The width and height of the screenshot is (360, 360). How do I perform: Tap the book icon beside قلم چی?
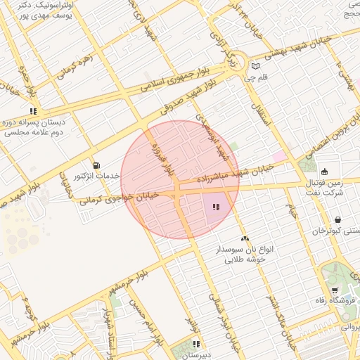pyautogui.click(x=255, y=67)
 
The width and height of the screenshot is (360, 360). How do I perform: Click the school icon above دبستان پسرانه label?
pyautogui.click(x=33, y=111)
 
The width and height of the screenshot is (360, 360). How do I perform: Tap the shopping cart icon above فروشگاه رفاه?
pyautogui.click(x=334, y=291)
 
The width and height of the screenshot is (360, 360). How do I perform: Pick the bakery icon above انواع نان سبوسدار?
pyautogui.click(x=245, y=239)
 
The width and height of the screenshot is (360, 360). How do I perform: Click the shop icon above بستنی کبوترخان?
pyautogui.click(x=338, y=219)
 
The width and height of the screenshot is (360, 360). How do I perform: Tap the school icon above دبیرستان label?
pyautogui.click(x=196, y=345)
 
